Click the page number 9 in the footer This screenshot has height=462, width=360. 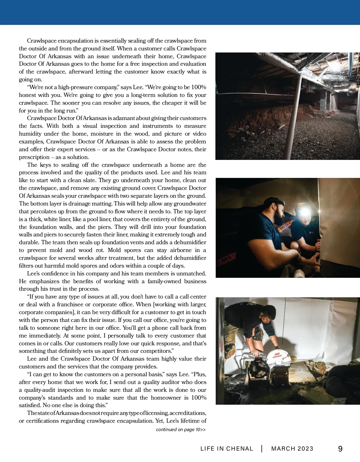340,449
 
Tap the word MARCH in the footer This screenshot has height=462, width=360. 281,449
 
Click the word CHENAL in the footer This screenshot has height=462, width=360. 240,449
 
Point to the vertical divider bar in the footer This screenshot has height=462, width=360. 262,449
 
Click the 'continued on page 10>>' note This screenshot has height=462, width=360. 181,430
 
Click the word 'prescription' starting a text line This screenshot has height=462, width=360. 34,157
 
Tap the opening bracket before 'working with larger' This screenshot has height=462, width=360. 154,304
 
